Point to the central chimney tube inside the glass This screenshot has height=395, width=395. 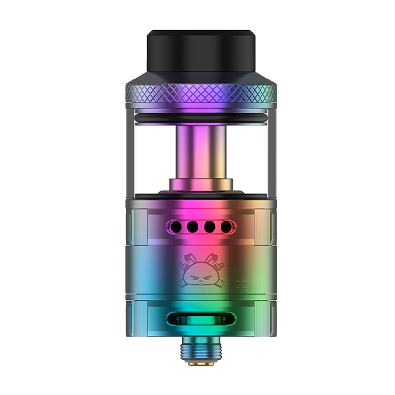coord(197,150)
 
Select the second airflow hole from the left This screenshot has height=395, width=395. coord(191,227)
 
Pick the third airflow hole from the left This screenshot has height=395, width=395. coord(209,227)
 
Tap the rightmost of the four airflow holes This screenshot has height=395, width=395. coord(225,227)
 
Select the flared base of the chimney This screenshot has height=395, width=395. coord(197,184)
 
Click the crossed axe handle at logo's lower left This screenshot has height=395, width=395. coord(182,286)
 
